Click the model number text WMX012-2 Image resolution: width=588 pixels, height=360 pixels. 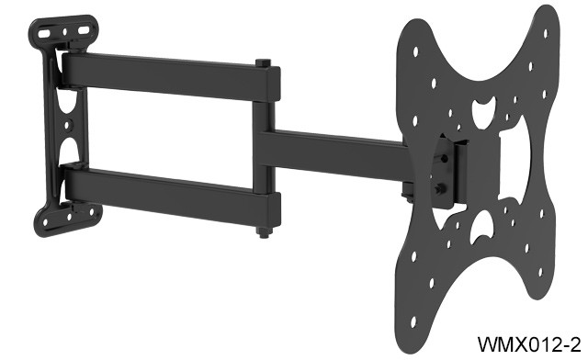tap(529, 344)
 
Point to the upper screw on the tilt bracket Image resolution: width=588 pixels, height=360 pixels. tap(447, 157)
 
